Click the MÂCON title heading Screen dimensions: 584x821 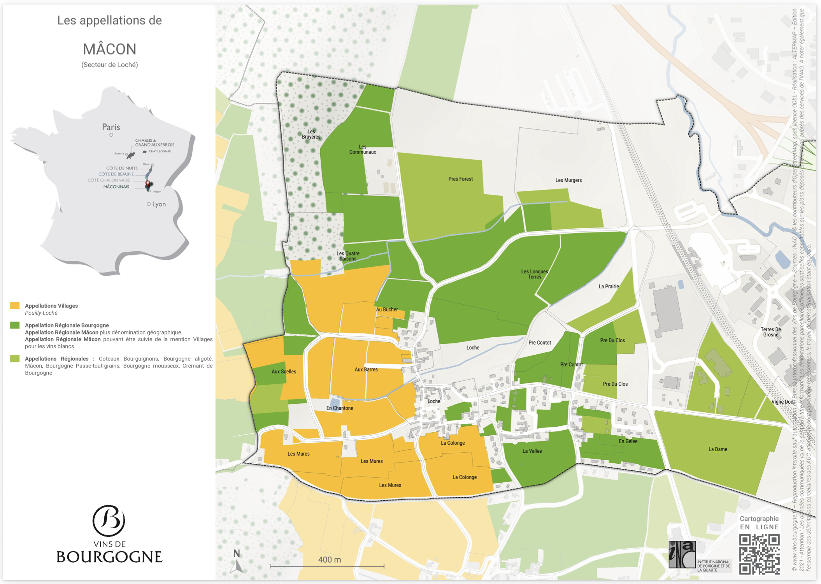(x=109, y=49)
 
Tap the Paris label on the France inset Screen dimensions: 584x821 (x=111, y=127)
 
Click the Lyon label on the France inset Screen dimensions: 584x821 (x=159, y=204)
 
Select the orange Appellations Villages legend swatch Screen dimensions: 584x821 (x=15, y=306)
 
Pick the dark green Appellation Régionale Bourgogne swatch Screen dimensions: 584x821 (x=15, y=325)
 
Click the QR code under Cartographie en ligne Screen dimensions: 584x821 (x=759, y=554)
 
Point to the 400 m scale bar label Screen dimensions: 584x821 (x=329, y=559)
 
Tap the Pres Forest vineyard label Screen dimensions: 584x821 (x=460, y=179)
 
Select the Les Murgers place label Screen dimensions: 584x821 (x=568, y=180)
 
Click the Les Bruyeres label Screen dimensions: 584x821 (x=311, y=134)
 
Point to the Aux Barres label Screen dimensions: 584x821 (x=366, y=369)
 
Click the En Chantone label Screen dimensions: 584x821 (x=340, y=408)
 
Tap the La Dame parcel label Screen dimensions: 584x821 (x=717, y=449)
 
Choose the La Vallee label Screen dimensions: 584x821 (x=532, y=451)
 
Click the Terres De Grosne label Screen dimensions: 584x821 (x=770, y=332)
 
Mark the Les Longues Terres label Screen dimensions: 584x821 (x=534, y=274)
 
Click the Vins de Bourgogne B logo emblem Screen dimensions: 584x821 (x=109, y=521)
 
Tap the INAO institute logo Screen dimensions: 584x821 (x=682, y=554)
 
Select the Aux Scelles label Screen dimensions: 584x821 (x=284, y=372)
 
